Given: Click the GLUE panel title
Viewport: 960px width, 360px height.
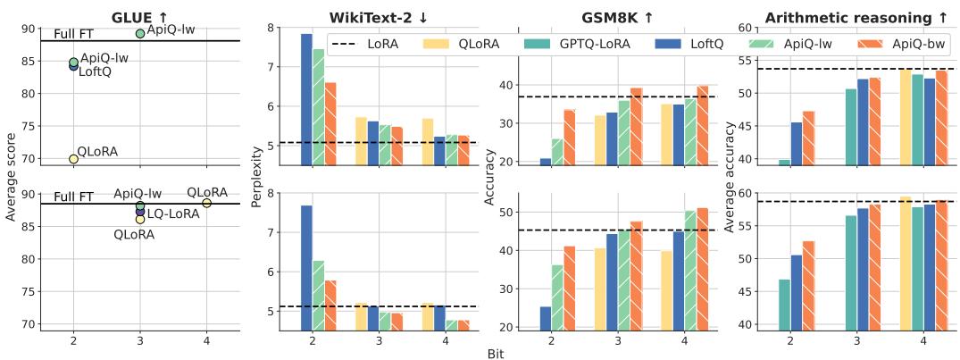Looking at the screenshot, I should [x=140, y=17].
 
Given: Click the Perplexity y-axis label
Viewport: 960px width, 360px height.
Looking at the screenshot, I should [x=257, y=179].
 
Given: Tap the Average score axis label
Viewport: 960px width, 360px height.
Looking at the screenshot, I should [x=11, y=180].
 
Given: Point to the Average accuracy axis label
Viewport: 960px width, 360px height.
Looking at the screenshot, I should [x=730, y=180].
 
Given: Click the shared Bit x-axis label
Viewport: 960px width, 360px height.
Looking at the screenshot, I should [x=497, y=354].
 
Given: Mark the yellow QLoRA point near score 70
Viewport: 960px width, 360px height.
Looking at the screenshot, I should [x=73, y=158].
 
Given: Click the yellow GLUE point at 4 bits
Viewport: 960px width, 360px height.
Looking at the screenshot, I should [x=206, y=203].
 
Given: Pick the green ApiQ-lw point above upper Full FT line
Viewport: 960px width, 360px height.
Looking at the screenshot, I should [x=140, y=33].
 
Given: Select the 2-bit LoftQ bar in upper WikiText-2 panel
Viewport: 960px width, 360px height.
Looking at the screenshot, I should [x=306, y=99].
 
